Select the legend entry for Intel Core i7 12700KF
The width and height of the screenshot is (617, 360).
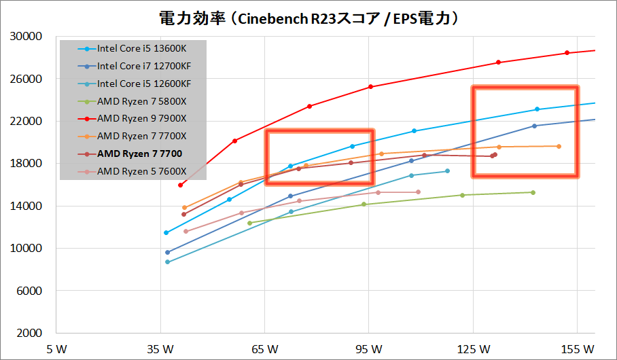click(x=143, y=67)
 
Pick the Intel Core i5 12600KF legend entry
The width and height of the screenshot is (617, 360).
click(x=143, y=84)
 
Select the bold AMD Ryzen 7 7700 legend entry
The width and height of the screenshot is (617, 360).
click(x=135, y=154)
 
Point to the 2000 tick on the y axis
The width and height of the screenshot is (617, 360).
click(x=31, y=334)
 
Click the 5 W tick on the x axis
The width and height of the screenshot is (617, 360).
click(x=56, y=349)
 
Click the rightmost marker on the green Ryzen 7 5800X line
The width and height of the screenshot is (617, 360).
click(x=533, y=192)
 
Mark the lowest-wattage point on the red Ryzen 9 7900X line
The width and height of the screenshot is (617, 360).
click(x=180, y=185)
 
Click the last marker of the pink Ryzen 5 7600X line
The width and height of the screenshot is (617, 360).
click(x=418, y=192)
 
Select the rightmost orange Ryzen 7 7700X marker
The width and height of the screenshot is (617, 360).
click(x=559, y=146)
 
